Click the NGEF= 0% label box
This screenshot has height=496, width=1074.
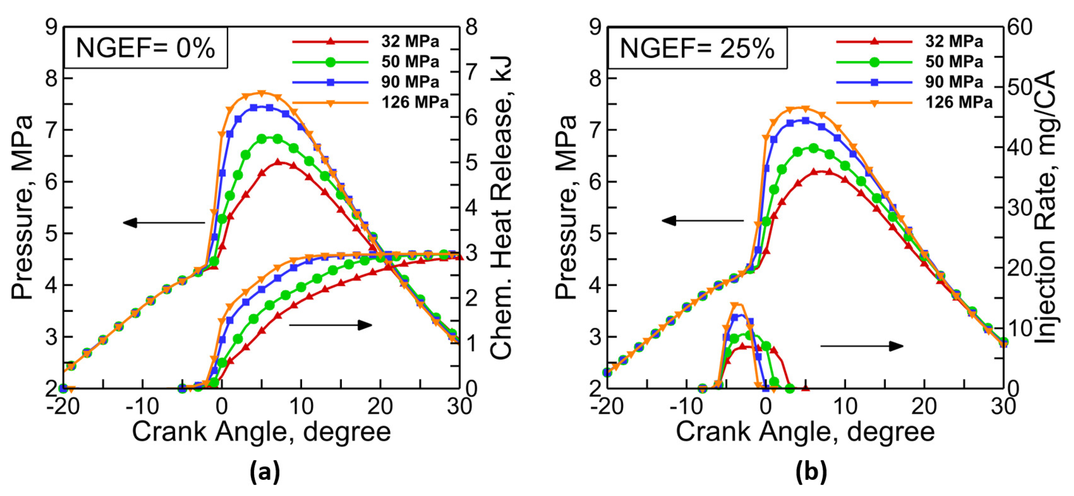pos(146,48)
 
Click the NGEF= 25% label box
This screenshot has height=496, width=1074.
pos(697,48)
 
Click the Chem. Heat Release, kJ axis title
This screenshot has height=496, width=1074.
pos(501,208)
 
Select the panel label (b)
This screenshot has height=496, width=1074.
pos(810,472)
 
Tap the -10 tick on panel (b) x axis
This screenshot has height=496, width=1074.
pos(686,406)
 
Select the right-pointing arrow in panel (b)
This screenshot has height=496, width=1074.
pos(862,346)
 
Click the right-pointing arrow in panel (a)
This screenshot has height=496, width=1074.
pos(330,325)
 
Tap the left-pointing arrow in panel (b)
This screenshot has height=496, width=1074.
pos(703,220)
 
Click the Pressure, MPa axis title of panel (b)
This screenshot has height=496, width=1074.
pos(566,207)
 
